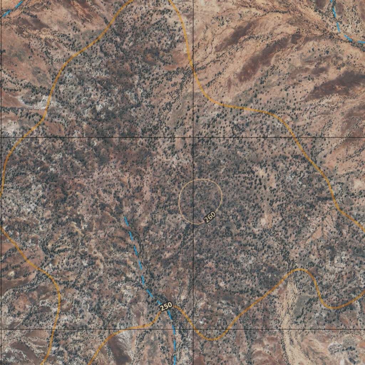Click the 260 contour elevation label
pyautogui.click(x=210, y=216)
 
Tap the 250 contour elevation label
pyautogui.click(x=166, y=306)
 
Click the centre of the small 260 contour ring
pyautogui.click(x=200, y=202)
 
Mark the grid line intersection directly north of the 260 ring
pyautogui.click(x=193, y=137)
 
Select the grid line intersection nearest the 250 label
pyautogui.click(x=193, y=329)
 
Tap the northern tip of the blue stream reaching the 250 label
pyautogui.click(x=125, y=217)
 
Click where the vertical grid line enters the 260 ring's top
pyautogui.click(x=193, y=180)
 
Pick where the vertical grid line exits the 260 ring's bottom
pyautogui.click(x=193, y=224)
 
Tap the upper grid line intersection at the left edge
pyautogui.click(x=1, y=137)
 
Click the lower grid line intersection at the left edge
pyautogui.click(x=1, y=329)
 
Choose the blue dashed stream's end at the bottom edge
pyautogui.click(x=175, y=362)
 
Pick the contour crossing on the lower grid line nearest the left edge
pyautogui.click(x=52, y=329)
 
